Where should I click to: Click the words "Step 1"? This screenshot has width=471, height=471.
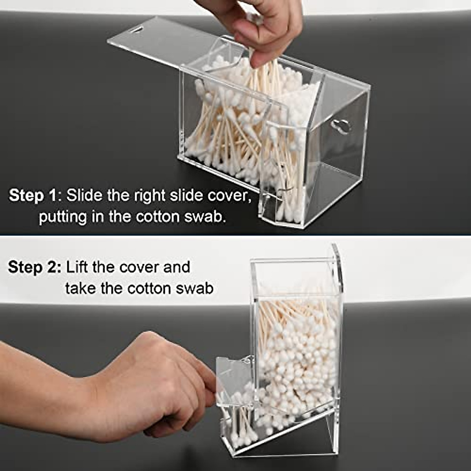click(33, 195)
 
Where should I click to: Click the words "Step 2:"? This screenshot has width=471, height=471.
click(35, 267)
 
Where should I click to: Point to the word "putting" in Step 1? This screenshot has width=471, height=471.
click(62, 217)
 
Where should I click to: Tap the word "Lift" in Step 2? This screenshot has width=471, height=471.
click(78, 267)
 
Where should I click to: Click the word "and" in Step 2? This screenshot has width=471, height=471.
click(177, 267)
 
